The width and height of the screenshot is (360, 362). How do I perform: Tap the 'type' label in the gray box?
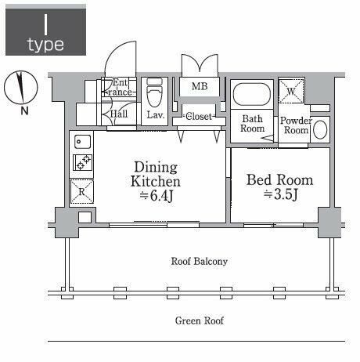(45, 44)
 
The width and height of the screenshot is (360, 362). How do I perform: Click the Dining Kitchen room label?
(156, 175)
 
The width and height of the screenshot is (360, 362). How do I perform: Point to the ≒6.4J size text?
(156, 197)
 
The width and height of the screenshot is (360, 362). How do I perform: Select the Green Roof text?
(199, 320)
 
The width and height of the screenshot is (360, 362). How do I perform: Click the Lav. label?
(155, 114)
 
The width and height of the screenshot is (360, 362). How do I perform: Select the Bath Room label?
(252, 125)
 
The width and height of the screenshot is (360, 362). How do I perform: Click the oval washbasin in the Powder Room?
(320, 130)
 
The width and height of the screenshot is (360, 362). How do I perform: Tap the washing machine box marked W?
(291, 92)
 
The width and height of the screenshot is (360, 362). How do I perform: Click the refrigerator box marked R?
(82, 189)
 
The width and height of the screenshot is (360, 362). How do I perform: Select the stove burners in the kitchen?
(82, 162)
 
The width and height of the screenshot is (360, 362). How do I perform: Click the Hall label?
(119, 114)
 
